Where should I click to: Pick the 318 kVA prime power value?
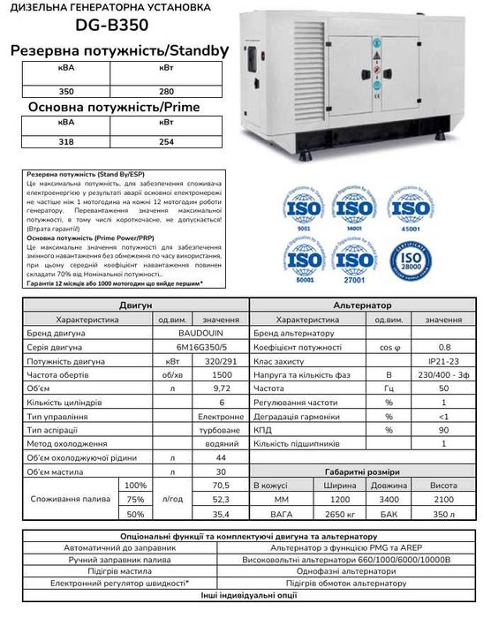[41, 140]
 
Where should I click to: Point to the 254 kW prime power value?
[166, 140]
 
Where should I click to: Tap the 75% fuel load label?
[136, 499]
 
